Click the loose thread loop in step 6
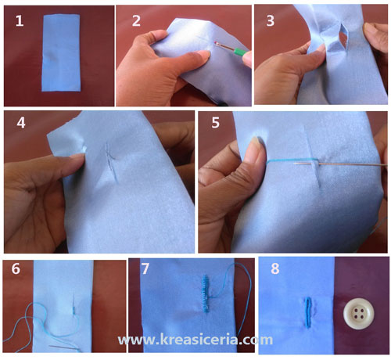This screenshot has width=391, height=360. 35,317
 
